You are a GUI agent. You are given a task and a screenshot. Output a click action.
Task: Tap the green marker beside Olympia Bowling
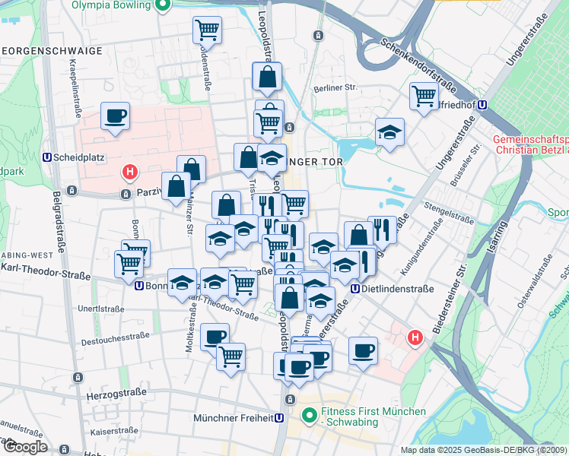161,5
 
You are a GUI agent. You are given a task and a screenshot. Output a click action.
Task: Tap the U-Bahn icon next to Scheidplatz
48,157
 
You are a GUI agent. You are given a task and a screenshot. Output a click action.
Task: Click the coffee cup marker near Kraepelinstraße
115,116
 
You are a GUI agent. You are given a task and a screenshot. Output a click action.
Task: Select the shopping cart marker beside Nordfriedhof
423,96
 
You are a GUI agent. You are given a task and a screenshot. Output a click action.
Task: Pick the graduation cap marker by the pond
389,132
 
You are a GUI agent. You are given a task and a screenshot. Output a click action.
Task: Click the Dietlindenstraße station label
396,289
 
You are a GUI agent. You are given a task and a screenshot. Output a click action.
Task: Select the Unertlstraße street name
100,309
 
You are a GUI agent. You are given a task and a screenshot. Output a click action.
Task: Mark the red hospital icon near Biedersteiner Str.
415,337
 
